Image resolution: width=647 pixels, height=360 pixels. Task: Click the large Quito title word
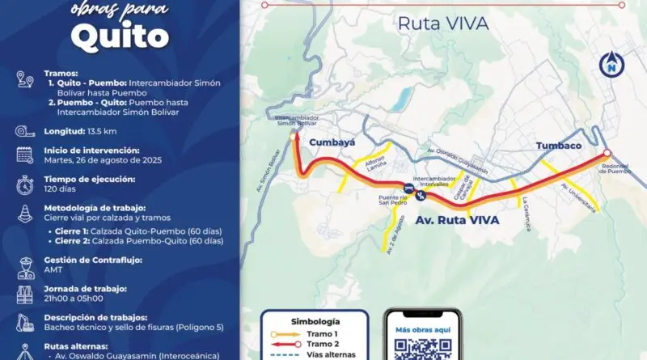coord(119,34)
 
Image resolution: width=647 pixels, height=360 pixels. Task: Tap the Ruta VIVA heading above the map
coord(442,23)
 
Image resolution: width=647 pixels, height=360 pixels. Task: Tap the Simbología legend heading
coord(315,320)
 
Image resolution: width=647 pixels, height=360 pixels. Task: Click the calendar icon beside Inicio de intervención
coord(24,155)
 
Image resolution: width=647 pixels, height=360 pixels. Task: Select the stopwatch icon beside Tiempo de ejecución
coord(24,184)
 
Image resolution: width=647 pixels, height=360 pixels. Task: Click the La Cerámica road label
coord(526,214)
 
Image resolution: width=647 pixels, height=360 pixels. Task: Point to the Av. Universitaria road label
coord(580,197)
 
